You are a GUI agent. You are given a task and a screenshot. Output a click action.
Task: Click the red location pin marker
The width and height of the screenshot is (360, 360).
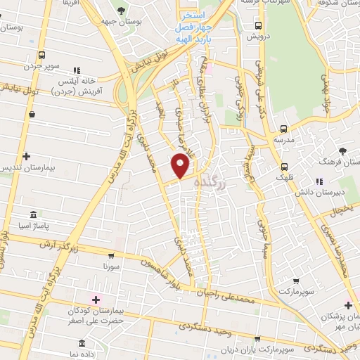(181, 166)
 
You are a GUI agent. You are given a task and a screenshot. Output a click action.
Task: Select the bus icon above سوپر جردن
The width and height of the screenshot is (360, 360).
(41, 56)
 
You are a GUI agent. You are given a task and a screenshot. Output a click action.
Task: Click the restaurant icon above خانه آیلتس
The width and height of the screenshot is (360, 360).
(75, 71)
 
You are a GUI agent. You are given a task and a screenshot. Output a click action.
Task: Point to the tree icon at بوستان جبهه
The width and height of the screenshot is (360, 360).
(122, 11)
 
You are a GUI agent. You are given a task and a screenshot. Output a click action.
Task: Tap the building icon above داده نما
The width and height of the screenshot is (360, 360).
(83, 345)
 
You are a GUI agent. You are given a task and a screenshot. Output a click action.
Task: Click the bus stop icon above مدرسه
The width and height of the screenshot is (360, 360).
(283, 129)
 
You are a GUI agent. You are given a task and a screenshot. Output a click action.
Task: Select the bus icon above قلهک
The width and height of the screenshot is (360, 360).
(283, 167)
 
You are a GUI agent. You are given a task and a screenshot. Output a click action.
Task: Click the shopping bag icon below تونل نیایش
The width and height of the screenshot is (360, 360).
(32, 113)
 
